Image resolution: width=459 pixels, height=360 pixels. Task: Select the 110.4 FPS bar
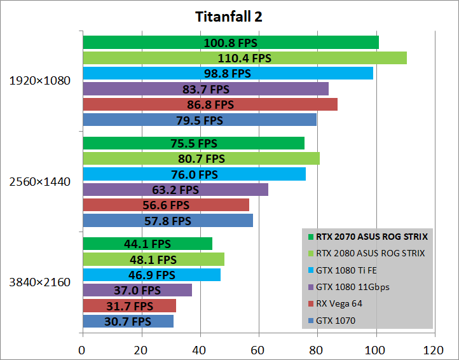click(x=245, y=58)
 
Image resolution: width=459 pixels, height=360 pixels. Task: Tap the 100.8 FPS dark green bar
click(x=231, y=43)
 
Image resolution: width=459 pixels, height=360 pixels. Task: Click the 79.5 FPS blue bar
click(x=199, y=120)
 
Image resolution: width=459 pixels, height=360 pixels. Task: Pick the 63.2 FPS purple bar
click(x=175, y=190)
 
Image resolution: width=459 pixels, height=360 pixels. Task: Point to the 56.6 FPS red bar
click(x=165, y=205)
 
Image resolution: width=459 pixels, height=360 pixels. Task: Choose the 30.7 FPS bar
click(x=128, y=321)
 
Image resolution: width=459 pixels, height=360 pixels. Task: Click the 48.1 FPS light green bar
click(x=153, y=260)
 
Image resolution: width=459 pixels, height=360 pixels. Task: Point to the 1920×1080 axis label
click(x=39, y=81)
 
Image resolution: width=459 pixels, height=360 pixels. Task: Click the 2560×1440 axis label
click(x=39, y=182)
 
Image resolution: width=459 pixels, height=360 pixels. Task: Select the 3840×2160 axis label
click(x=39, y=282)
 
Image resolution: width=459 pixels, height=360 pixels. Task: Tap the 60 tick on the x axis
click(x=259, y=349)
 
